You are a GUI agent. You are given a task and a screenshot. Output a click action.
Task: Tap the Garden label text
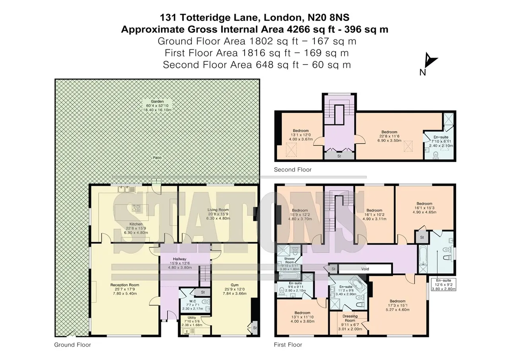tap(157, 101)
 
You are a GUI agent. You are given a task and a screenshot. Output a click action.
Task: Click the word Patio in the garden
tap(157, 158)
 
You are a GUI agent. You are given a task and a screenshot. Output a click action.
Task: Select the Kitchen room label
tap(136, 224)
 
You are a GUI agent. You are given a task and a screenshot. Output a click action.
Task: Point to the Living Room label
tap(218, 210)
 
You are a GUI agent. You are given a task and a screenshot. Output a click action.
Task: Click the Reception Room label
tap(125, 285)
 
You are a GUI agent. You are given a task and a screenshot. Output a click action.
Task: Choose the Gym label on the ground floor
tap(235, 285)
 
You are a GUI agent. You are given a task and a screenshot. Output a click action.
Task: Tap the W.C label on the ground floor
tap(193, 301)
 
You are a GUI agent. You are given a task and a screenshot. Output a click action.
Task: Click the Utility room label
tap(192, 318)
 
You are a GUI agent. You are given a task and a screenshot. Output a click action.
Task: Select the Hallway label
tap(179, 259)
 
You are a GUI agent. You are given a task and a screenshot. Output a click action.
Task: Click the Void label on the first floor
tap(365, 269)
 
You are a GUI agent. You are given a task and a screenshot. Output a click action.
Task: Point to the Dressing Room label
tap(350, 318)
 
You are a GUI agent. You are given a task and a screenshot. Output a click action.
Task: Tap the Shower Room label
tap(289, 260)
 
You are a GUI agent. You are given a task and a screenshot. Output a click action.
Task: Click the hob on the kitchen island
tap(136, 208)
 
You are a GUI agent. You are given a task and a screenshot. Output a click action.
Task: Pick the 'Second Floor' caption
tap(292, 169)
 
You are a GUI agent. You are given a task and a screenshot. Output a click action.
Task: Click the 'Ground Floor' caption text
tap(72, 345)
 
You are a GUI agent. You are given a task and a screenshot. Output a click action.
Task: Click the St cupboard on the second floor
tap(339, 156)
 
